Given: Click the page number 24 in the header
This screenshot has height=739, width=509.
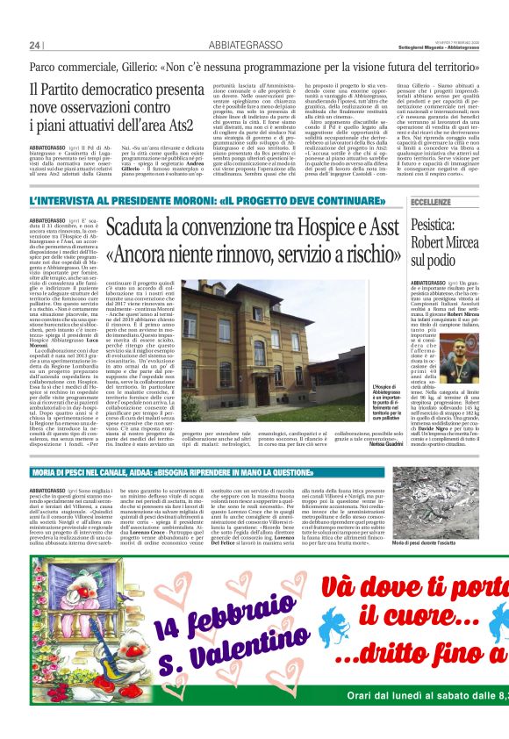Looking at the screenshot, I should [35, 46].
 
